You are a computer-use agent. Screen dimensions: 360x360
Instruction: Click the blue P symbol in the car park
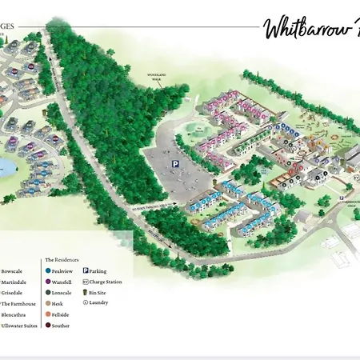[x=175, y=163]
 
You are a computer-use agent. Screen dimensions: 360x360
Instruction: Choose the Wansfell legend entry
[x=62, y=282]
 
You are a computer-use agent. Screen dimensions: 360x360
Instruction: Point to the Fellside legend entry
[x=61, y=314]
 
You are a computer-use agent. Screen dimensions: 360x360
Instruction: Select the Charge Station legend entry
[x=104, y=282]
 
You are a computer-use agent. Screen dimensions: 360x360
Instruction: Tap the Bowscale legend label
[x=14, y=271]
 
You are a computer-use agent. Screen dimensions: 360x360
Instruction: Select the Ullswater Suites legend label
[x=18, y=326]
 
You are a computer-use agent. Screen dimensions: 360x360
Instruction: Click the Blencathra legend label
[x=14, y=314]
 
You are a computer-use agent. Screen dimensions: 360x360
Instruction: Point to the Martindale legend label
[x=15, y=282]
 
